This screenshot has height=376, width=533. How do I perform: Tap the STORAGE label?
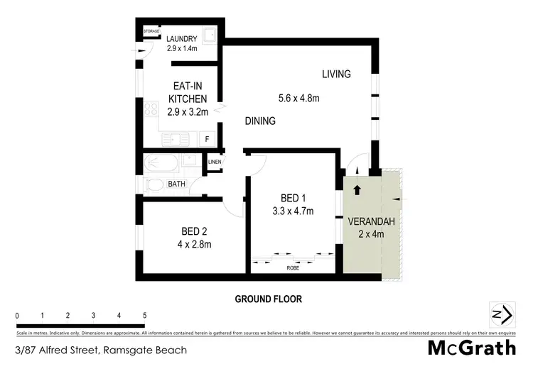pos(151,31)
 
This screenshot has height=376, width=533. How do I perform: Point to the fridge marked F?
pos(208,139)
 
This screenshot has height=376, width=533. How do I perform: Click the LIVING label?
pos(336,74)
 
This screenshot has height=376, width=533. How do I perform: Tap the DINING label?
pos(260,121)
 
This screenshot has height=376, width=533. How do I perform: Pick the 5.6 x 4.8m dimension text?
pos(298,99)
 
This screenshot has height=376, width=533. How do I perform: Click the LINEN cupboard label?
pos(215,162)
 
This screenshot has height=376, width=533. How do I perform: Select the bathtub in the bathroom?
pos(161,164)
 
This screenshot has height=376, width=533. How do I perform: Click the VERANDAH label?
pos(367,221)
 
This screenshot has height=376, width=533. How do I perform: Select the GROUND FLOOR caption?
pos(269,299)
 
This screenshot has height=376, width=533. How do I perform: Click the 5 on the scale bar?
pos(145,316)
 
